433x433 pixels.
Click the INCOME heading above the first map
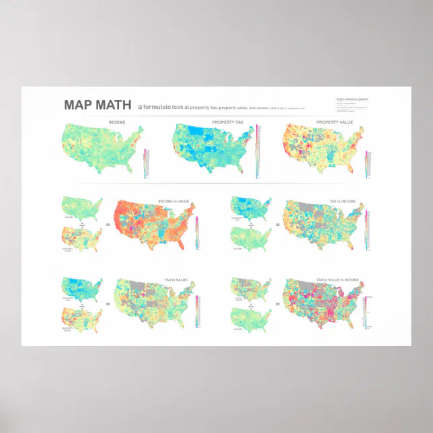[117, 122]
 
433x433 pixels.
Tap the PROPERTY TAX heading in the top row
[227, 122]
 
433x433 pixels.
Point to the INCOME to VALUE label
[172, 201]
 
